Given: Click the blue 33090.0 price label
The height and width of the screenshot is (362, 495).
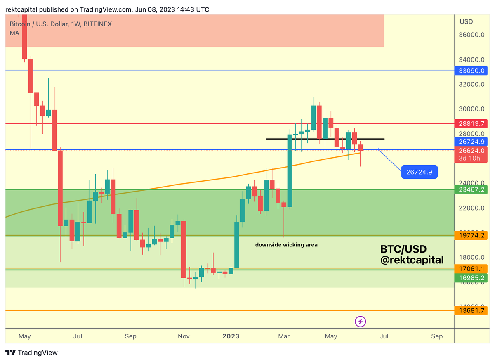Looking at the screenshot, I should coord(471,71).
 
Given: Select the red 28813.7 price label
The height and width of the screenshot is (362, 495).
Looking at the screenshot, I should coord(471,123).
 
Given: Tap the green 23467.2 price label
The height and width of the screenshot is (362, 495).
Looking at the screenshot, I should coord(471,190).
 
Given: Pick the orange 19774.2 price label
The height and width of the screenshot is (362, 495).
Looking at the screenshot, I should coord(471,236).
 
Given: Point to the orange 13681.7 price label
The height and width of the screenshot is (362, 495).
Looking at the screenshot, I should coord(471,310).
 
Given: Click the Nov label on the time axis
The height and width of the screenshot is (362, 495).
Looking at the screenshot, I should coord(184,336).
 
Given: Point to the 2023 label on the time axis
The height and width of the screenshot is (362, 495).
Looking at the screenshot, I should coord(231,336).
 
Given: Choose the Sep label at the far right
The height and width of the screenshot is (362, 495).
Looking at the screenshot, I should coord(437,336).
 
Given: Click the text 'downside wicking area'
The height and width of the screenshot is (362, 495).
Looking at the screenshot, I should coord(286,245).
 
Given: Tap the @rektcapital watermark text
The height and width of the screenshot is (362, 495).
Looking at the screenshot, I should coord(412,260).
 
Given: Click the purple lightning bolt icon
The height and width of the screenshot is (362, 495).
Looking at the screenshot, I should coord(361,322).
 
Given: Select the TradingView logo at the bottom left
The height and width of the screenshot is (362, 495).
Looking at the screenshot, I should coord(32,353).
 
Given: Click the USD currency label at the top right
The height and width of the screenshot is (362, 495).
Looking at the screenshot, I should coord(466,21).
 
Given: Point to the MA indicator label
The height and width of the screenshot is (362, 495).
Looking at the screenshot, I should coord(14,33).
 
